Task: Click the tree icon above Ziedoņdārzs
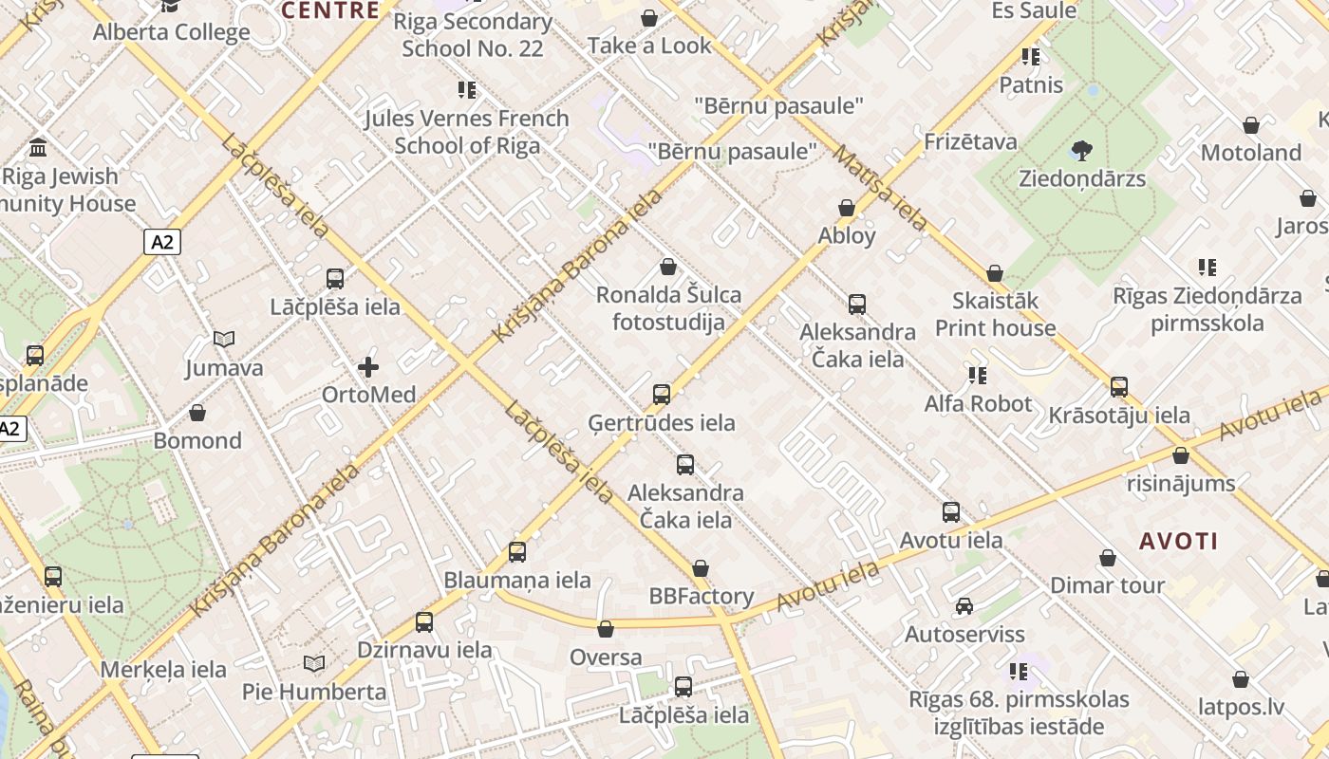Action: tap(1081, 150)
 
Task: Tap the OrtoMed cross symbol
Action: tap(368, 367)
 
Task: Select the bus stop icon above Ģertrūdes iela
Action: tap(662, 394)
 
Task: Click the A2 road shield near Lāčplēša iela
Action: tap(162, 242)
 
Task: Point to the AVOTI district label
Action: tap(1178, 542)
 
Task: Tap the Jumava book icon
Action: tap(224, 339)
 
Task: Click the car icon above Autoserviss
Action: tap(964, 605)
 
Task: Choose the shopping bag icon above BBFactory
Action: tap(701, 568)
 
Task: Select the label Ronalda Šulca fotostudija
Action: tap(668, 308)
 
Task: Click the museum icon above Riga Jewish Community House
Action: tap(39, 147)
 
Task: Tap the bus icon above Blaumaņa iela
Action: tap(517, 551)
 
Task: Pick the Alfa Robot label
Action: tap(978, 404)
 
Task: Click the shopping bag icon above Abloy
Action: tap(847, 208)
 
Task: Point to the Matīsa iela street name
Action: tap(881, 188)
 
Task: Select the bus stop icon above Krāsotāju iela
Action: tap(1119, 387)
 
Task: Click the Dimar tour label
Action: tap(1107, 585)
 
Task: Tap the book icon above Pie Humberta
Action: tap(314, 663)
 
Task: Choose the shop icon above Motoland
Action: tap(1251, 125)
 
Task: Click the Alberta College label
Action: tap(172, 32)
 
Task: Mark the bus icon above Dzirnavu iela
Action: tap(424, 622)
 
